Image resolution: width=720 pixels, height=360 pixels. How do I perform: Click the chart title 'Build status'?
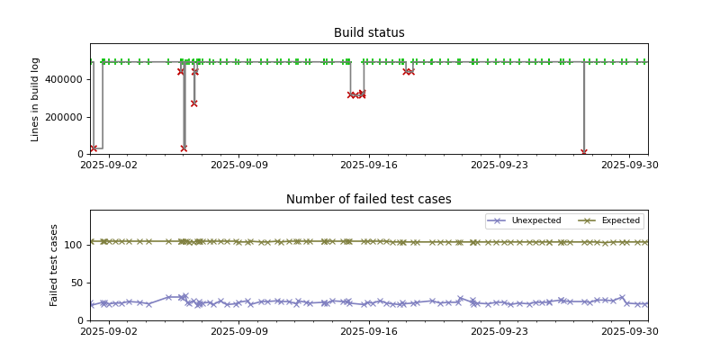pyautogui.click(x=369, y=33)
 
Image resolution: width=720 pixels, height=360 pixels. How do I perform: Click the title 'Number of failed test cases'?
pyautogui.click(x=369, y=200)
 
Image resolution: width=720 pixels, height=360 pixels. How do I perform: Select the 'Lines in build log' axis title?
pyautogui.click(x=36, y=99)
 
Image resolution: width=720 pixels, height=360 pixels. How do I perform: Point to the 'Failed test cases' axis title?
pyautogui.click(x=54, y=265)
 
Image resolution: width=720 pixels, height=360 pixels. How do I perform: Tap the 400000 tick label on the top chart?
pyautogui.click(x=66, y=79)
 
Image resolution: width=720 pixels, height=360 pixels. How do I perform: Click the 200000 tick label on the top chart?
pyautogui.click(x=66, y=117)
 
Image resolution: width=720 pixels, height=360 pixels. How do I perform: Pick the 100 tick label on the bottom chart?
pyautogui.click(x=75, y=245)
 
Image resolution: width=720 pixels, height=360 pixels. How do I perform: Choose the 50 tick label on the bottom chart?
pyautogui.click(x=77, y=283)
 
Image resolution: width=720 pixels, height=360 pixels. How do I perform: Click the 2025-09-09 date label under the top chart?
pyautogui.click(x=238, y=165)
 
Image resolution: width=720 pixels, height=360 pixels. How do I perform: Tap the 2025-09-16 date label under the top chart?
pyautogui.click(x=369, y=165)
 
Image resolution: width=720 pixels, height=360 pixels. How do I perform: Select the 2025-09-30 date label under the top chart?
pyautogui.click(x=629, y=165)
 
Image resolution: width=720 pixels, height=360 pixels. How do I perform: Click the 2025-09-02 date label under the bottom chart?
pyautogui.click(x=109, y=331)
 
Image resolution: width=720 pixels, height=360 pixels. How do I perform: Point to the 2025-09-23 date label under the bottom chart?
pyautogui.click(x=499, y=331)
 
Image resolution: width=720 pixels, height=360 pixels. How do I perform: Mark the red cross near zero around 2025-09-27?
pyautogui.click(x=584, y=153)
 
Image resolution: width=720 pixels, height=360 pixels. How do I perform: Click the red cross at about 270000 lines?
pyautogui.click(x=193, y=103)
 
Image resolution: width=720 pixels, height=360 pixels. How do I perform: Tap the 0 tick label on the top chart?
pyautogui.click(x=81, y=155)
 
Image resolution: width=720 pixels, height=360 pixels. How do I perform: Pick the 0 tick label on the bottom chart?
pyautogui.click(x=81, y=320)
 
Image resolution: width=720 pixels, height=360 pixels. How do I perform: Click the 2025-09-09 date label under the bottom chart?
pyautogui.click(x=238, y=331)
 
